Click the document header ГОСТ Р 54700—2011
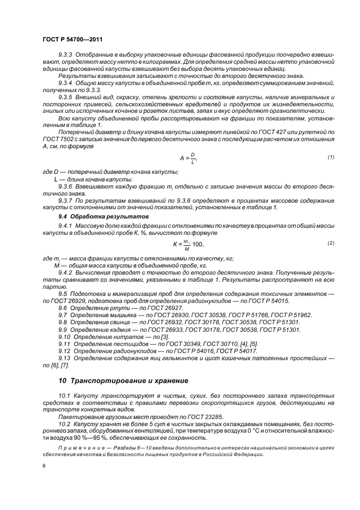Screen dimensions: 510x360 [x=72, y=40]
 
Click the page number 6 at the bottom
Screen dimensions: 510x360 [x=44, y=466]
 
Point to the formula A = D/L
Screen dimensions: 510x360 [x=187, y=159]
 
